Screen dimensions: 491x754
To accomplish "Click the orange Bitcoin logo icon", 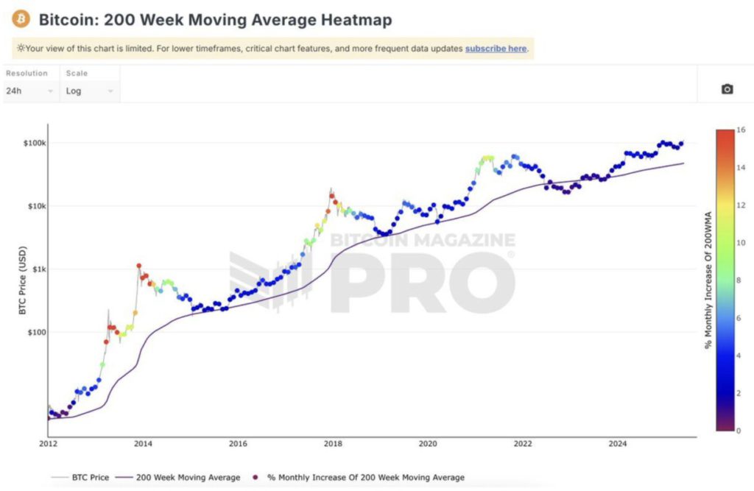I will [x=21, y=18].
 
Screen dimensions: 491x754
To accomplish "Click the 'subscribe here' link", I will [x=496, y=49].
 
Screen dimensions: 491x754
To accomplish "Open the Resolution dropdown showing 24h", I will [x=30, y=91].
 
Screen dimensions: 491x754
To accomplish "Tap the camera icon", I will [x=727, y=89].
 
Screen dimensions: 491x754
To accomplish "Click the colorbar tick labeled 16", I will [x=741, y=130].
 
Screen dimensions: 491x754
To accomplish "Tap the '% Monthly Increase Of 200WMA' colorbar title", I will [x=708, y=280].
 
